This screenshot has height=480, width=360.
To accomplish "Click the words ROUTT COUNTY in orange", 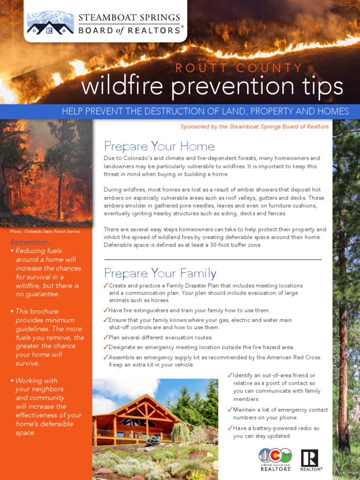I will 239,68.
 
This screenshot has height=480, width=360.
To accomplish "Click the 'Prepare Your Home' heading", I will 159,146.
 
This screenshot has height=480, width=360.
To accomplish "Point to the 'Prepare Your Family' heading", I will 160,273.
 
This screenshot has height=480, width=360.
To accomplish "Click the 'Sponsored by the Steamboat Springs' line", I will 255,127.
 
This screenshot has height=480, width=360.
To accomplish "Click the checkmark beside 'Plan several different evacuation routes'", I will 106,337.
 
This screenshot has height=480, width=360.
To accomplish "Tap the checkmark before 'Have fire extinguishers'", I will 106,310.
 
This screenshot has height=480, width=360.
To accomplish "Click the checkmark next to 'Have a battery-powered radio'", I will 230,428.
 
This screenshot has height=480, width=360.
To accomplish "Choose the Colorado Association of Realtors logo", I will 275,458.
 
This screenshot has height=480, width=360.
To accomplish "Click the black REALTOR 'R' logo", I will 309,458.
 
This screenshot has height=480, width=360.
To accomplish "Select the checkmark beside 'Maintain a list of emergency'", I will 230,410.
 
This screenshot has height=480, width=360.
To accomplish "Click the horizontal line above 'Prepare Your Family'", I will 213,259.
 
